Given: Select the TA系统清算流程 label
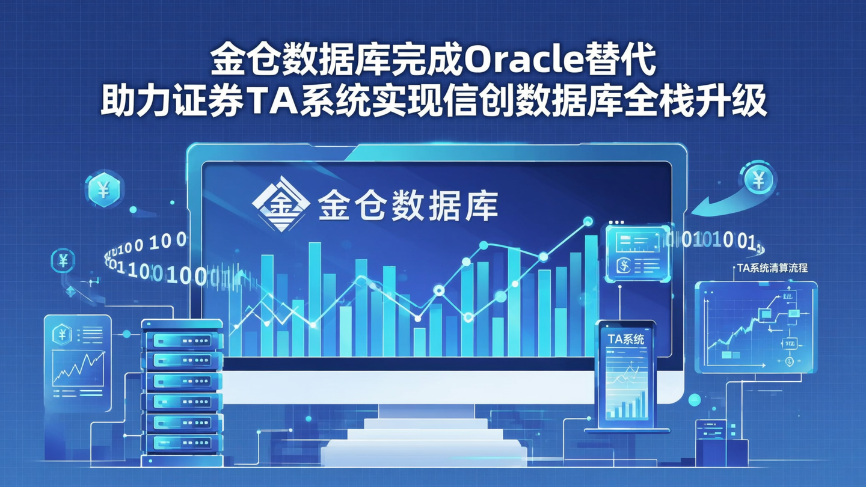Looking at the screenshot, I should (x=772, y=269).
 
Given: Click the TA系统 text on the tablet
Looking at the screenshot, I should (x=625, y=339).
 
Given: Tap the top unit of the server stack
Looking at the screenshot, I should (x=182, y=340).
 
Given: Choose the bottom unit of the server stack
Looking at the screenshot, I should (x=182, y=443).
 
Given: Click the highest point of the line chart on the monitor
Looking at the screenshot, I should (x=588, y=222).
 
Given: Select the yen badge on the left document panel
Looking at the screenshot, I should (x=62, y=333).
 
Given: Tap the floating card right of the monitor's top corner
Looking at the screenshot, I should (x=637, y=253).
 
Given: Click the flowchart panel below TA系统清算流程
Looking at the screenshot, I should (x=756, y=331).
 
